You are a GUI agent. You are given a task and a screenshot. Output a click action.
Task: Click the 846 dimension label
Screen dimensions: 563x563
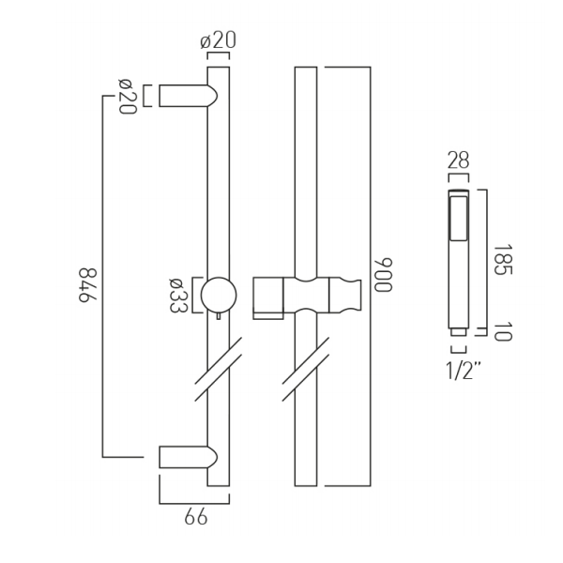(88, 285)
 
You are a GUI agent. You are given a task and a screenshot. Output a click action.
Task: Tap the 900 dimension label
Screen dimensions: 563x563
(383, 275)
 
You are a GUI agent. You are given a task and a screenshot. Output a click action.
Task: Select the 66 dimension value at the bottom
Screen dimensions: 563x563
(196, 518)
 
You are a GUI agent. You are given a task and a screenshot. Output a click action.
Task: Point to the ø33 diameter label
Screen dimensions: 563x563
(178, 296)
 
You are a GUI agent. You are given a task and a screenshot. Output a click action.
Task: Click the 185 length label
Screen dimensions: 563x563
(503, 260)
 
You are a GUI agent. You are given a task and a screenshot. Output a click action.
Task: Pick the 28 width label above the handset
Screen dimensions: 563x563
(458, 160)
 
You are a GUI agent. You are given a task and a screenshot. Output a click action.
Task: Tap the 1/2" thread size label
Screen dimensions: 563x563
(463, 371)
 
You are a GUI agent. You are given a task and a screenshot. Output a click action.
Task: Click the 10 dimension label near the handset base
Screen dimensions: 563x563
(502, 332)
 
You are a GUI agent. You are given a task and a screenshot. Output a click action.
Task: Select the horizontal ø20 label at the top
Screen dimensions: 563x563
(219, 40)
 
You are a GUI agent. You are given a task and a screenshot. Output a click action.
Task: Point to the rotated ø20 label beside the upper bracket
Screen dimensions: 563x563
(128, 97)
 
